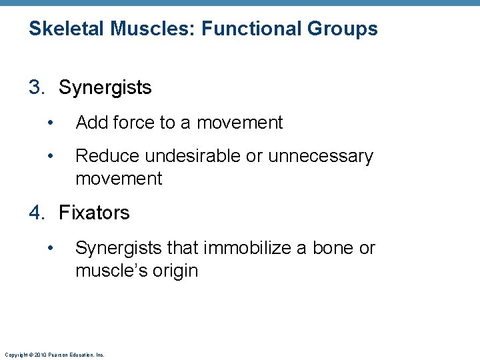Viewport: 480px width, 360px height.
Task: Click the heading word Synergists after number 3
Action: point(105,88)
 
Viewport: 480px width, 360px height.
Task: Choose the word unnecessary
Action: point(320,156)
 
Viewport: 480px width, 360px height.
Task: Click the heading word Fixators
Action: point(95,213)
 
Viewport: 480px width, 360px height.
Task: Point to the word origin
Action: point(175,271)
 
